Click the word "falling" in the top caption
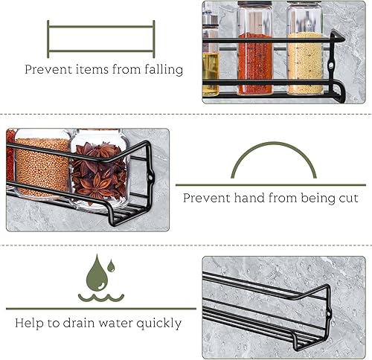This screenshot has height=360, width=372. [164, 69]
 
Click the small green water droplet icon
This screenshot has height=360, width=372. [111, 266]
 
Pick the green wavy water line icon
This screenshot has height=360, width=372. [101, 298]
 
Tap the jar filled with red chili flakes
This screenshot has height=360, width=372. [254, 48]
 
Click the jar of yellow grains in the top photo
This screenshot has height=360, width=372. [305, 48]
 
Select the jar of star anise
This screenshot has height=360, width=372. [100, 169]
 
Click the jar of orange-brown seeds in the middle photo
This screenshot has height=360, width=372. [42, 165]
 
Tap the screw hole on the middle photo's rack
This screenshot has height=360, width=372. [150, 178]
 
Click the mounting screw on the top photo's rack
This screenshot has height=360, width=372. [330, 65]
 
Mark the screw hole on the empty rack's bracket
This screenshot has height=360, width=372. [328, 314]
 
